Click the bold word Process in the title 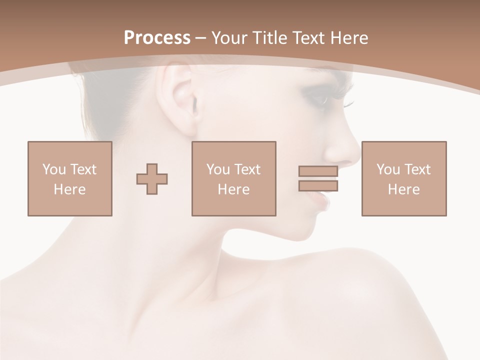[157, 38]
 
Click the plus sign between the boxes [152, 178]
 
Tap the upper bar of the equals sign [318, 171]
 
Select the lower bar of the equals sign [318, 185]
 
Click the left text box [69, 178]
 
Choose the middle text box [233, 178]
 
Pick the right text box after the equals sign [403, 178]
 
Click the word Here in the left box [69, 189]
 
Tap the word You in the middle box [218, 169]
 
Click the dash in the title [200, 38]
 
